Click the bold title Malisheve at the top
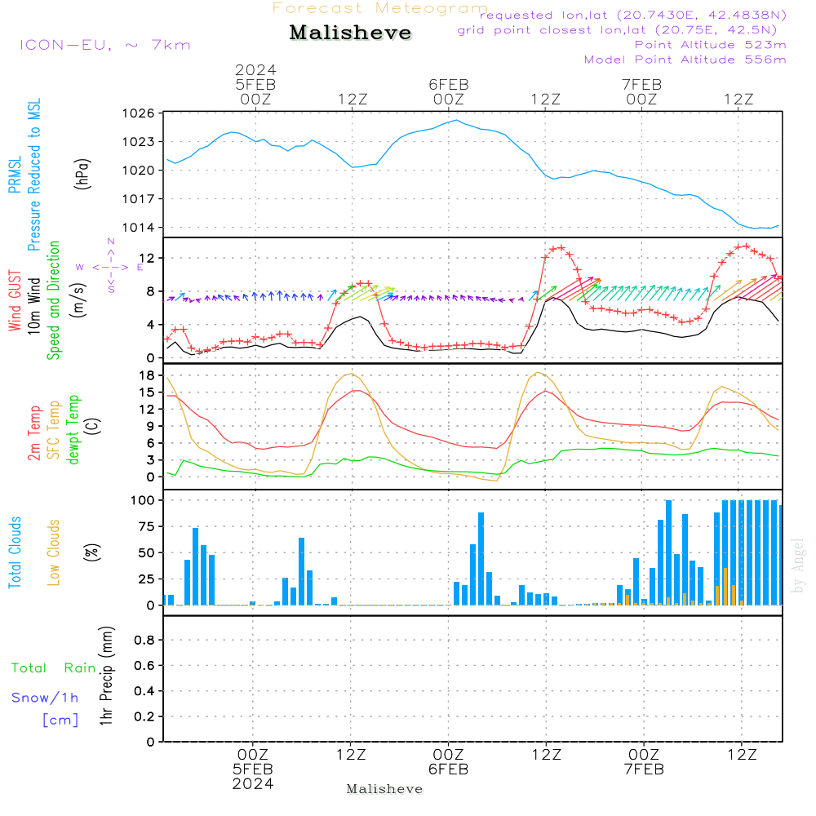click(x=350, y=33)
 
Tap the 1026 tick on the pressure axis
click(x=139, y=113)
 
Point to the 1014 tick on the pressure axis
click(x=139, y=228)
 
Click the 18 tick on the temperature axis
click(x=147, y=375)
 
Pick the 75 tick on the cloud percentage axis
click(x=147, y=526)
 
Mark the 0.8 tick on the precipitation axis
click(x=144, y=640)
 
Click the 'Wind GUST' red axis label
click(x=15, y=300)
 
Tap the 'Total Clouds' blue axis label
click(x=15, y=552)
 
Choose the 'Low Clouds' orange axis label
click(x=54, y=552)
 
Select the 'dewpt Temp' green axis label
click(x=73, y=429)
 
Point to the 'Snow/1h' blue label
click(x=45, y=698)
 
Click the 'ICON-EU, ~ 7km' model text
click(x=105, y=45)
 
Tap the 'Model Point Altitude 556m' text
click(x=685, y=60)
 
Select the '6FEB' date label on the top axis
click(x=449, y=85)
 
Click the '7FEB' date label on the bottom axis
click(x=645, y=769)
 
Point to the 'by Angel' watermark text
click(x=798, y=565)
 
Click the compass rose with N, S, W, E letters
click(x=110, y=267)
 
